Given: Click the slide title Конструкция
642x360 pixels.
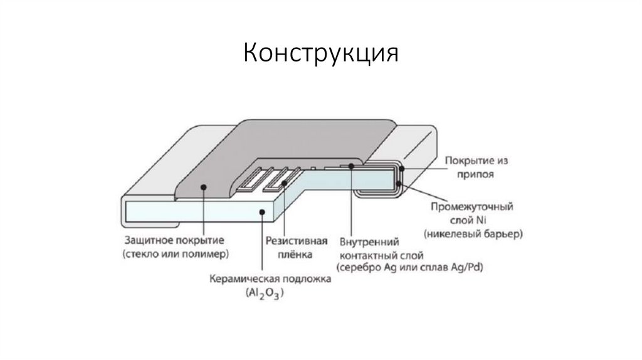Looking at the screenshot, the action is coord(320,53).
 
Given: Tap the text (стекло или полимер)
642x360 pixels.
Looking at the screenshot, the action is coord(176,254).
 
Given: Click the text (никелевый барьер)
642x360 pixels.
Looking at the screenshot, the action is coord(473,233).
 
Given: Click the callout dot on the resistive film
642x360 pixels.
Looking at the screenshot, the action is coord(285,183).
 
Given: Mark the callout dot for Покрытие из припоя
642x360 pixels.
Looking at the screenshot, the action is coord(403,168).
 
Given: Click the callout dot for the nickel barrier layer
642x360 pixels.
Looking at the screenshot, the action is coord(399,183).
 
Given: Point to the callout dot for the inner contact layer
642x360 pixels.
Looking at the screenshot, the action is coord(352,166).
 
